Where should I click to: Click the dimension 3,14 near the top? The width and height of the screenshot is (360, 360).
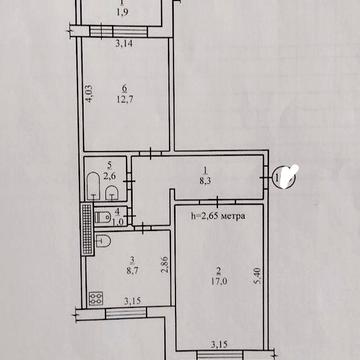click(124, 44)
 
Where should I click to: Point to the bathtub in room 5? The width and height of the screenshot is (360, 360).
click(93, 183)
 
